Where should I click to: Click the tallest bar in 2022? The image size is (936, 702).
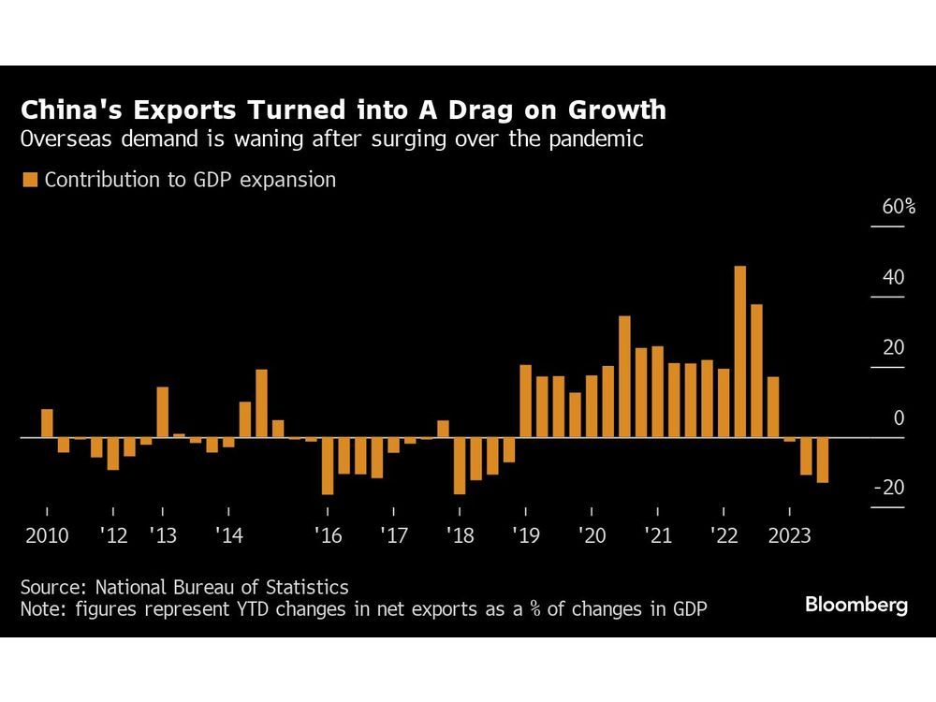pos(739,351)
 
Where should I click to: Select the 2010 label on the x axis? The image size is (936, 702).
pos(47,536)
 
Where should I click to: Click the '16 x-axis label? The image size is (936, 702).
pos(328,536)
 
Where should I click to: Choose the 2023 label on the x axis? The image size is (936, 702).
pos(790,536)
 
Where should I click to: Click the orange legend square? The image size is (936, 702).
pos(30,181)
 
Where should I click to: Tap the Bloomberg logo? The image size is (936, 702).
pos(856,605)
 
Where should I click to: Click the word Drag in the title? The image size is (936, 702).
pos(495,110)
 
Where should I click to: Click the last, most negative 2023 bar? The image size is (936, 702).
pos(823,460)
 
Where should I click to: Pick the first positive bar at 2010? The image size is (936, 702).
pos(47,423)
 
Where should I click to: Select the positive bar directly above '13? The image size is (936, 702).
pos(163,412)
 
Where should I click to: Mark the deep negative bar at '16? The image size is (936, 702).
pos(328,465)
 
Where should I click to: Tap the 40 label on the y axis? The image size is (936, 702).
pos(893,278)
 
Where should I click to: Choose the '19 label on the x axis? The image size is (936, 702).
pos(525,536)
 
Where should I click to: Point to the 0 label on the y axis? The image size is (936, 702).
pos(899,418)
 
